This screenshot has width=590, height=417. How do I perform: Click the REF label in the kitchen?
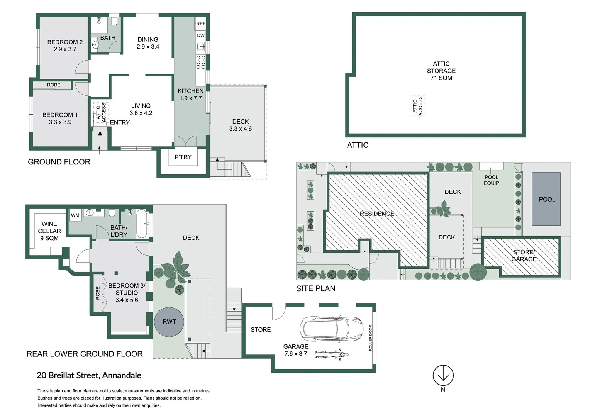pyautogui.click(x=201, y=24)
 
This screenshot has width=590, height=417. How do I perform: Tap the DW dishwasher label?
pyautogui.click(x=201, y=36)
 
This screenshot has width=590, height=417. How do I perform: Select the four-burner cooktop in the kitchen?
pyautogui.click(x=201, y=62)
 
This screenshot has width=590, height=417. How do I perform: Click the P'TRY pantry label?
pyautogui.click(x=183, y=157)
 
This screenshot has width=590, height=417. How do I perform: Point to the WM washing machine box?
pyautogui.click(x=75, y=215)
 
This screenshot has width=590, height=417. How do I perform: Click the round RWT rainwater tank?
pyautogui.click(x=169, y=322)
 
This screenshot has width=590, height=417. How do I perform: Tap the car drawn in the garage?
pyautogui.click(x=331, y=329)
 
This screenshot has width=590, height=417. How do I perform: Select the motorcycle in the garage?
pyautogui.click(x=331, y=354)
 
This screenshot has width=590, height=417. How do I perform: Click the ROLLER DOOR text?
pyautogui.click(x=370, y=338)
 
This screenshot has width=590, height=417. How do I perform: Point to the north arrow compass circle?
pyautogui.click(x=443, y=375)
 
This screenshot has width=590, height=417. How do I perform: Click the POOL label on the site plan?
pyautogui.click(x=547, y=199)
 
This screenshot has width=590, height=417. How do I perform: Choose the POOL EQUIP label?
pyautogui.click(x=491, y=180)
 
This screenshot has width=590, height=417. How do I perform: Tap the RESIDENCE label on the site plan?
pyautogui.click(x=377, y=214)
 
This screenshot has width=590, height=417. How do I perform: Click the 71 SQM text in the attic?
pyautogui.click(x=441, y=78)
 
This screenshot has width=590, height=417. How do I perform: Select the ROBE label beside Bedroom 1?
pyautogui.click(x=54, y=85)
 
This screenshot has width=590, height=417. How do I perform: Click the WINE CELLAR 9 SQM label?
pyautogui.click(x=49, y=231)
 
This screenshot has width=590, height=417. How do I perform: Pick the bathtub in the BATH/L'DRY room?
pyautogui.click(x=142, y=224)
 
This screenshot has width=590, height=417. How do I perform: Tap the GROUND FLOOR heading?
pyautogui.click(x=59, y=162)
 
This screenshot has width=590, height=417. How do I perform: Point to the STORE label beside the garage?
pyautogui.click(x=261, y=329)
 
